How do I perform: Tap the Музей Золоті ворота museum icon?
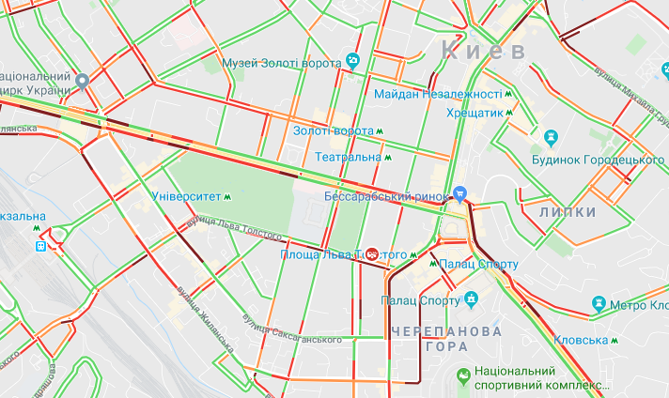353,61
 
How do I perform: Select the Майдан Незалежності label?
437,95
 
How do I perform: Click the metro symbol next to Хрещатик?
510,112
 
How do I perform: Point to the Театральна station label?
348,157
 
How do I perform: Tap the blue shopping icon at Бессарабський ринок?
459,194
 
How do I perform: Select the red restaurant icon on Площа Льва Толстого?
372,254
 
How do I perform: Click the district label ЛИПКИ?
568,213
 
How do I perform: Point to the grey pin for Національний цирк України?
82,82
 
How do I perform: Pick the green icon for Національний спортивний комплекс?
463,376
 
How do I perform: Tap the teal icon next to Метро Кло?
597,303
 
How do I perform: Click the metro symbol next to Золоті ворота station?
381,130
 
